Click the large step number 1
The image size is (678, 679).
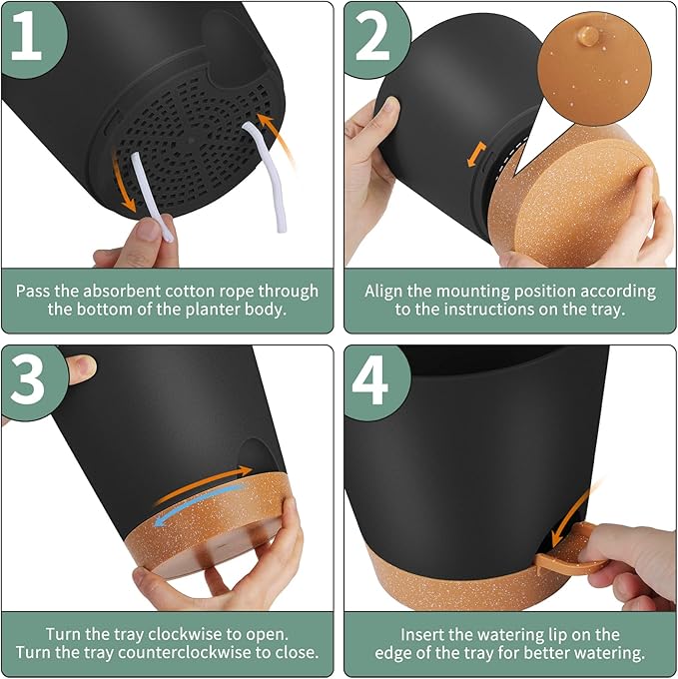26,35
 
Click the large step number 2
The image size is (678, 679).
371,35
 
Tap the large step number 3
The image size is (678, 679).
27,379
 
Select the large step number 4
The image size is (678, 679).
371,379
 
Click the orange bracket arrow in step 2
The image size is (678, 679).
476,154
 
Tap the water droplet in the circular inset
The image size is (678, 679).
588,36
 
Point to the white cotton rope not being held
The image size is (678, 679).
268,176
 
